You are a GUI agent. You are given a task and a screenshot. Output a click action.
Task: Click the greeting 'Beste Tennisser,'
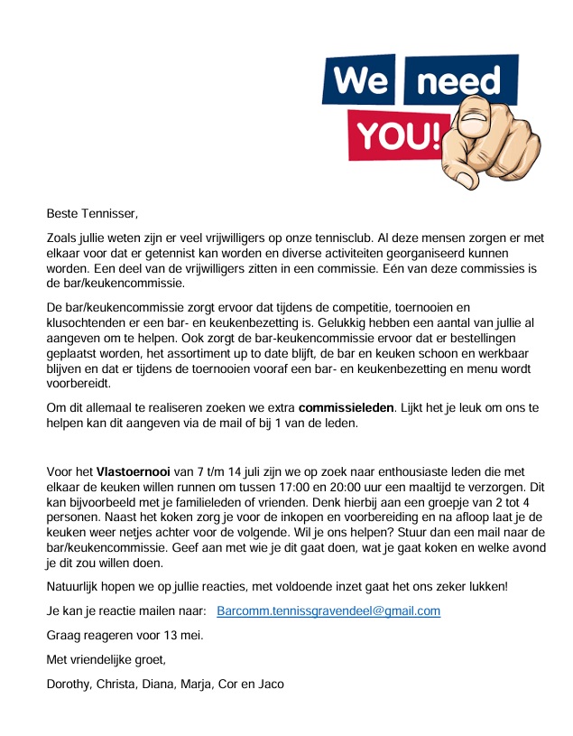click(93, 214)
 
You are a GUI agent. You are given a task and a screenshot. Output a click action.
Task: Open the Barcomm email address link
click(328, 610)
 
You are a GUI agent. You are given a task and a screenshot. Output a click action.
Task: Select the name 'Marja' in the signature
click(193, 684)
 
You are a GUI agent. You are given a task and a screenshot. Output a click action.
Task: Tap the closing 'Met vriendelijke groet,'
click(106, 659)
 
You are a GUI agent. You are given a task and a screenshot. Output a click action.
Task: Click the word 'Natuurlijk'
click(76, 586)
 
